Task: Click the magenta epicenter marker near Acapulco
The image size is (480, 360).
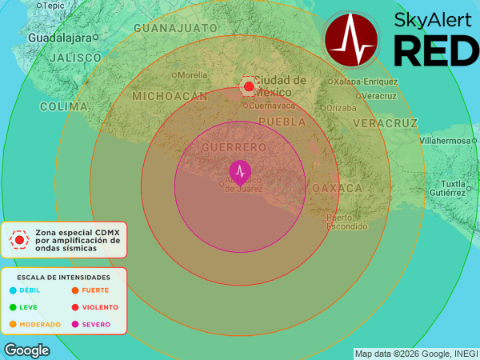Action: [239, 171]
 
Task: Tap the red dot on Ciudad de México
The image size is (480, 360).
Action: [249, 86]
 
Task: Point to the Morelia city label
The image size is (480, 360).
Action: [192, 75]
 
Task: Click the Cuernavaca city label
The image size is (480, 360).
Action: [271, 106]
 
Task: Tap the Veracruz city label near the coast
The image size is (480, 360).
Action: [379, 96]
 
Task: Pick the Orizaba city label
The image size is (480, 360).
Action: [341, 108]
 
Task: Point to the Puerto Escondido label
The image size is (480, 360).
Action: [346, 222]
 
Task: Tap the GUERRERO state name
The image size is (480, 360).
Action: [234, 148]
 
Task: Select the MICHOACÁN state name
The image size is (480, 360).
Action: [164, 95]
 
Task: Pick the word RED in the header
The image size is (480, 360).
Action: [436, 51]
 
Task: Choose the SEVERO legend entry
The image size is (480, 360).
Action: [95, 325]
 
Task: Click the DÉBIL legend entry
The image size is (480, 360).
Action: [29, 290]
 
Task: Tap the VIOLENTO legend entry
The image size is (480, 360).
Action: [99, 307]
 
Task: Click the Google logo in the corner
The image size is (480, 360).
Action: [26, 350]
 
